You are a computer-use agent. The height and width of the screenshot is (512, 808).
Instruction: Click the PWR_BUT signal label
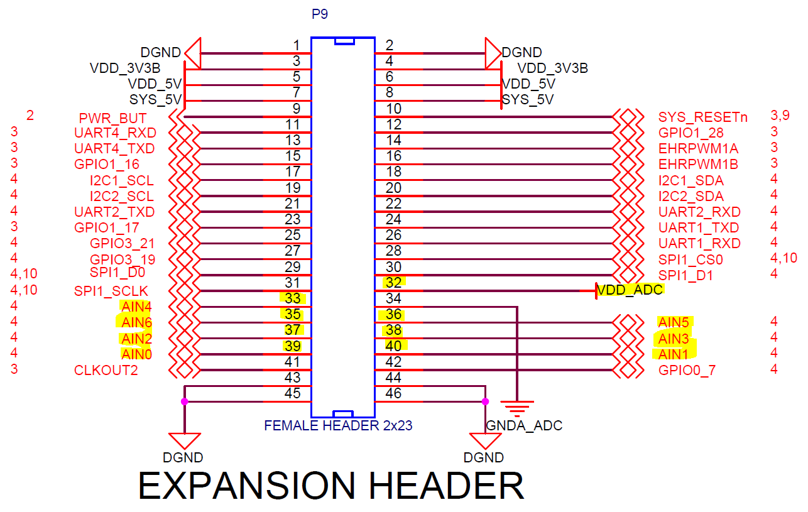click(112, 118)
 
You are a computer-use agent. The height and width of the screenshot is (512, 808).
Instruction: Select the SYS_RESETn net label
click(702, 117)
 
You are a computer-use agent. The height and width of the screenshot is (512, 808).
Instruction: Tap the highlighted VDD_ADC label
click(630, 290)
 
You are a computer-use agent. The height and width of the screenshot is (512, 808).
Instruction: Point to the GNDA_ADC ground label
click(524, 425)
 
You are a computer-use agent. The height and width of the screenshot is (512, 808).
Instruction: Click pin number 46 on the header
click(393, 394)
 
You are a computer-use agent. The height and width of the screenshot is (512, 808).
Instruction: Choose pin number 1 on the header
click(297, 45)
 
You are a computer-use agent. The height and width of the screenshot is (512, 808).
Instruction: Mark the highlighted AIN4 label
click(136, 307)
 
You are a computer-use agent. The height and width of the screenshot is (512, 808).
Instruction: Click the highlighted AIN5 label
click(674, 322)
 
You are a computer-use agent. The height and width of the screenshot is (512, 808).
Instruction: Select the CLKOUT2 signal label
click(106, 370)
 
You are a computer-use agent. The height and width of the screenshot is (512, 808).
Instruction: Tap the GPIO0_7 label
click(687, 370)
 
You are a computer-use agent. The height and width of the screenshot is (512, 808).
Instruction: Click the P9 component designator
click(320, 14)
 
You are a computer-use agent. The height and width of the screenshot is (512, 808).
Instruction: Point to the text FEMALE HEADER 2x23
click(338, 425)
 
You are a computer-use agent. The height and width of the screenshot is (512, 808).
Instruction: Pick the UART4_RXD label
click(115, 133)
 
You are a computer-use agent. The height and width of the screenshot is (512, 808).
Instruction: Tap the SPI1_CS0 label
click(691, 259)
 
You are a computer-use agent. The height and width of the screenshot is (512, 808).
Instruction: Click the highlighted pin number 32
click(393, 283)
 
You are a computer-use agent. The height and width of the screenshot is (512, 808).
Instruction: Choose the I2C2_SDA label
click(691, 196)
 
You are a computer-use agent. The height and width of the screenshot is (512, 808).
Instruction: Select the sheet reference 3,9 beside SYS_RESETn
click(782, 116)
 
